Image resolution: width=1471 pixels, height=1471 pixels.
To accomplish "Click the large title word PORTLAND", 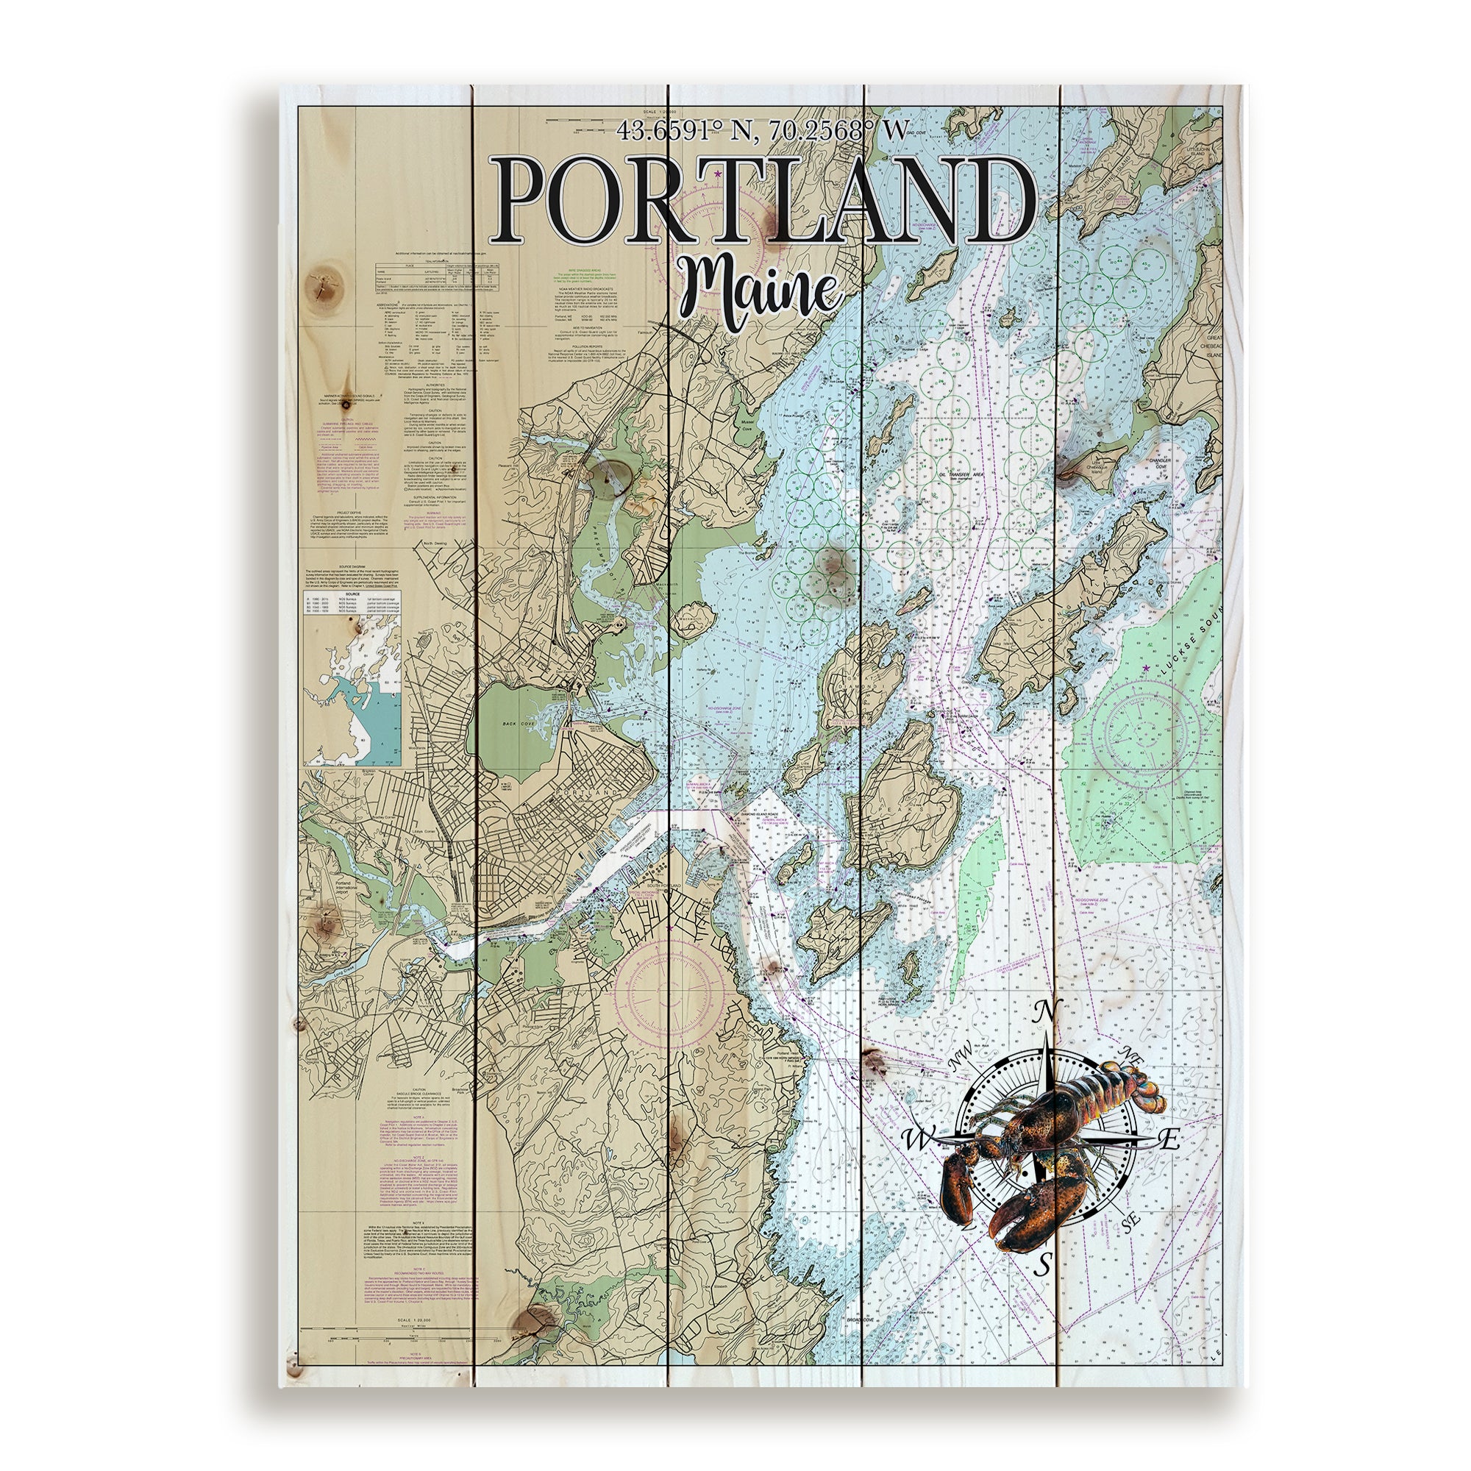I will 767,199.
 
